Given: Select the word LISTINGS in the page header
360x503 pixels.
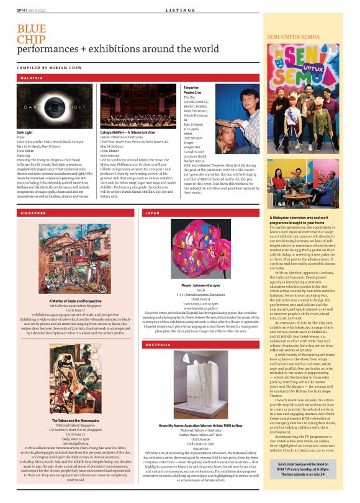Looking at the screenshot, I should tap(179, 11).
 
